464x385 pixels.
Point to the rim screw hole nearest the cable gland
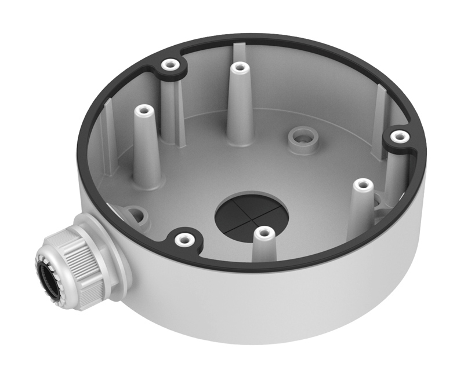pos(184,238)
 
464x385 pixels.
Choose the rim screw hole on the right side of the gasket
pos(397,136)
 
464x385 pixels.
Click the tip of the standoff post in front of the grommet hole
pos(264,233)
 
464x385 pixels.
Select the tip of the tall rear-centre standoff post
pos(238,67)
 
